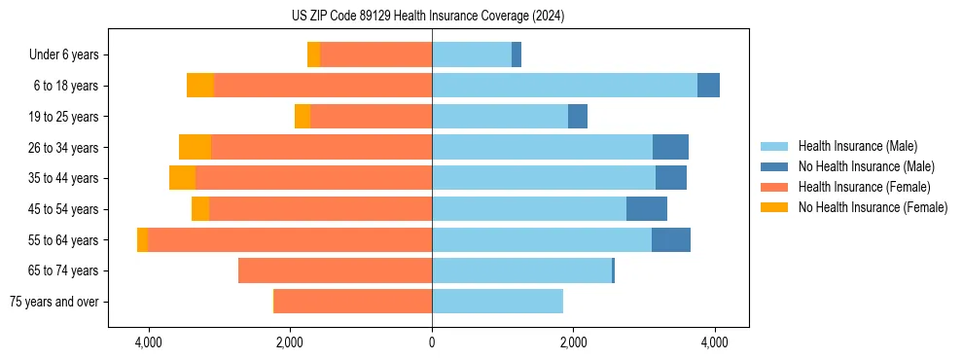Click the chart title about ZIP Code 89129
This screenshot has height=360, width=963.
[x=428, y=17]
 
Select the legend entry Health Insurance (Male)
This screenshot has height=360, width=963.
[x=856, y=146]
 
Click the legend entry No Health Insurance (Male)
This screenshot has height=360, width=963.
[x=866, y=166]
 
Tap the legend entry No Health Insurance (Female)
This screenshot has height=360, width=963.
[x=873, y=207]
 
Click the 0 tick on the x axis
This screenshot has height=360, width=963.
[x=432, y=343]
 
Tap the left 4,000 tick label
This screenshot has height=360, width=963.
[x=149, y=343]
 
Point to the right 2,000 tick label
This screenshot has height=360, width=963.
[x=573, y=343]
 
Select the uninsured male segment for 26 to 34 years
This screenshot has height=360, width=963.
[x=670, y=148]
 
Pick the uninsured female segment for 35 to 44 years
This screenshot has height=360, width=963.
[x=182, y=178]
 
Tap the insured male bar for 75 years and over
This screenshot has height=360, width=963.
[x=497, y=302]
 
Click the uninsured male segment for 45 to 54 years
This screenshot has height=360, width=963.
[x=647, y=209]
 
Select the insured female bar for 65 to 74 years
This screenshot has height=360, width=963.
[x=335, y=270]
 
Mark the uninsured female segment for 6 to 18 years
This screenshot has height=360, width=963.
[x=199, y=86]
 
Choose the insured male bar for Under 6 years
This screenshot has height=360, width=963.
[x=472, y=55]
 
